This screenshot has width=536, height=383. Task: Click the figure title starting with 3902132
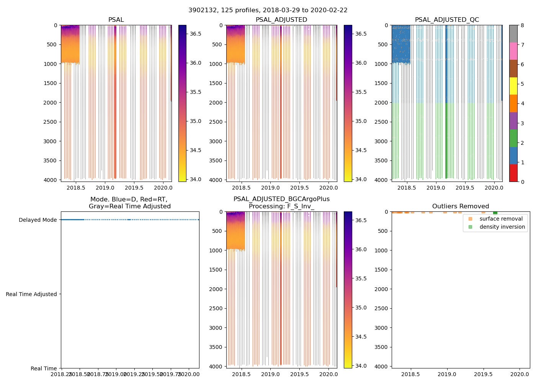point(268,10)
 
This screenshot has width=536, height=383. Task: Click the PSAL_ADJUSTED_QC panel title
point(447,20)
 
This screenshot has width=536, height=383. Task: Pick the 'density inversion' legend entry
point(502,227)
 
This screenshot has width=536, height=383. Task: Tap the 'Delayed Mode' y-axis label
point(38,220)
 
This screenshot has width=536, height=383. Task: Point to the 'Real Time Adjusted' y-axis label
point(31,294)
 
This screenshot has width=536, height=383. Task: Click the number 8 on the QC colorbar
point(522,25)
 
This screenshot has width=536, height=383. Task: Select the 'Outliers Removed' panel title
point(461,206)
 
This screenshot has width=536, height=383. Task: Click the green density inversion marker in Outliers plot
point(495,213)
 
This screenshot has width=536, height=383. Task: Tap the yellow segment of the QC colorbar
point(513,86)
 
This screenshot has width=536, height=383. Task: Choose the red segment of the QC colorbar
point(513,173)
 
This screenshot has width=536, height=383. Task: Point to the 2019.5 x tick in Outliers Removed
point(484,374)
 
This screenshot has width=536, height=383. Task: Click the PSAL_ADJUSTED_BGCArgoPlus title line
point(281,199)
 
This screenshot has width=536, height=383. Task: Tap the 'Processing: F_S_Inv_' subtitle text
point(281,206)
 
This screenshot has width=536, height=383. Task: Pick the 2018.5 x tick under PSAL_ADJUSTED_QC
point(407,188)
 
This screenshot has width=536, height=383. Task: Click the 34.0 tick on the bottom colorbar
point(361,366)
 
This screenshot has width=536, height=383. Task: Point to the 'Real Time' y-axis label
point(44,368)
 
